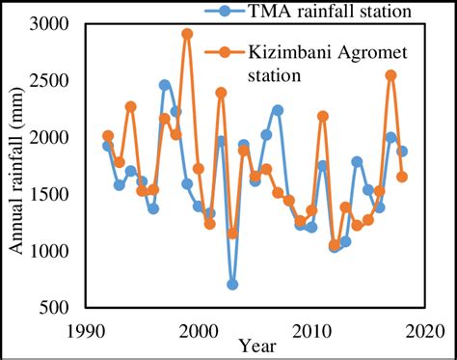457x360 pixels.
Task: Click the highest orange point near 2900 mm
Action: tap(187, 34)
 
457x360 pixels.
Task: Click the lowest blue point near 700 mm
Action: tap(232, 284)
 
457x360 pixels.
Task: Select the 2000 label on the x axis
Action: tap(199, 330)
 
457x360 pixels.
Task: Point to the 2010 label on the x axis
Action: tap(311, 330)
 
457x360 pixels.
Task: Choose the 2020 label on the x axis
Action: tap(422, 330)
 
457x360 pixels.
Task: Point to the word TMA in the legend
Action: tap(274, 12)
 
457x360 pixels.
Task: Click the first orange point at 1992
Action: tap(108, 136)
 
